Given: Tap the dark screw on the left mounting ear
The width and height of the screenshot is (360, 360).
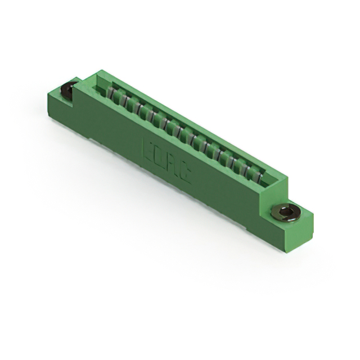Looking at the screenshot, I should tap(69, 90).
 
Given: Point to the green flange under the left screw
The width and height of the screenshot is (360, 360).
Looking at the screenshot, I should tap(59, 98).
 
